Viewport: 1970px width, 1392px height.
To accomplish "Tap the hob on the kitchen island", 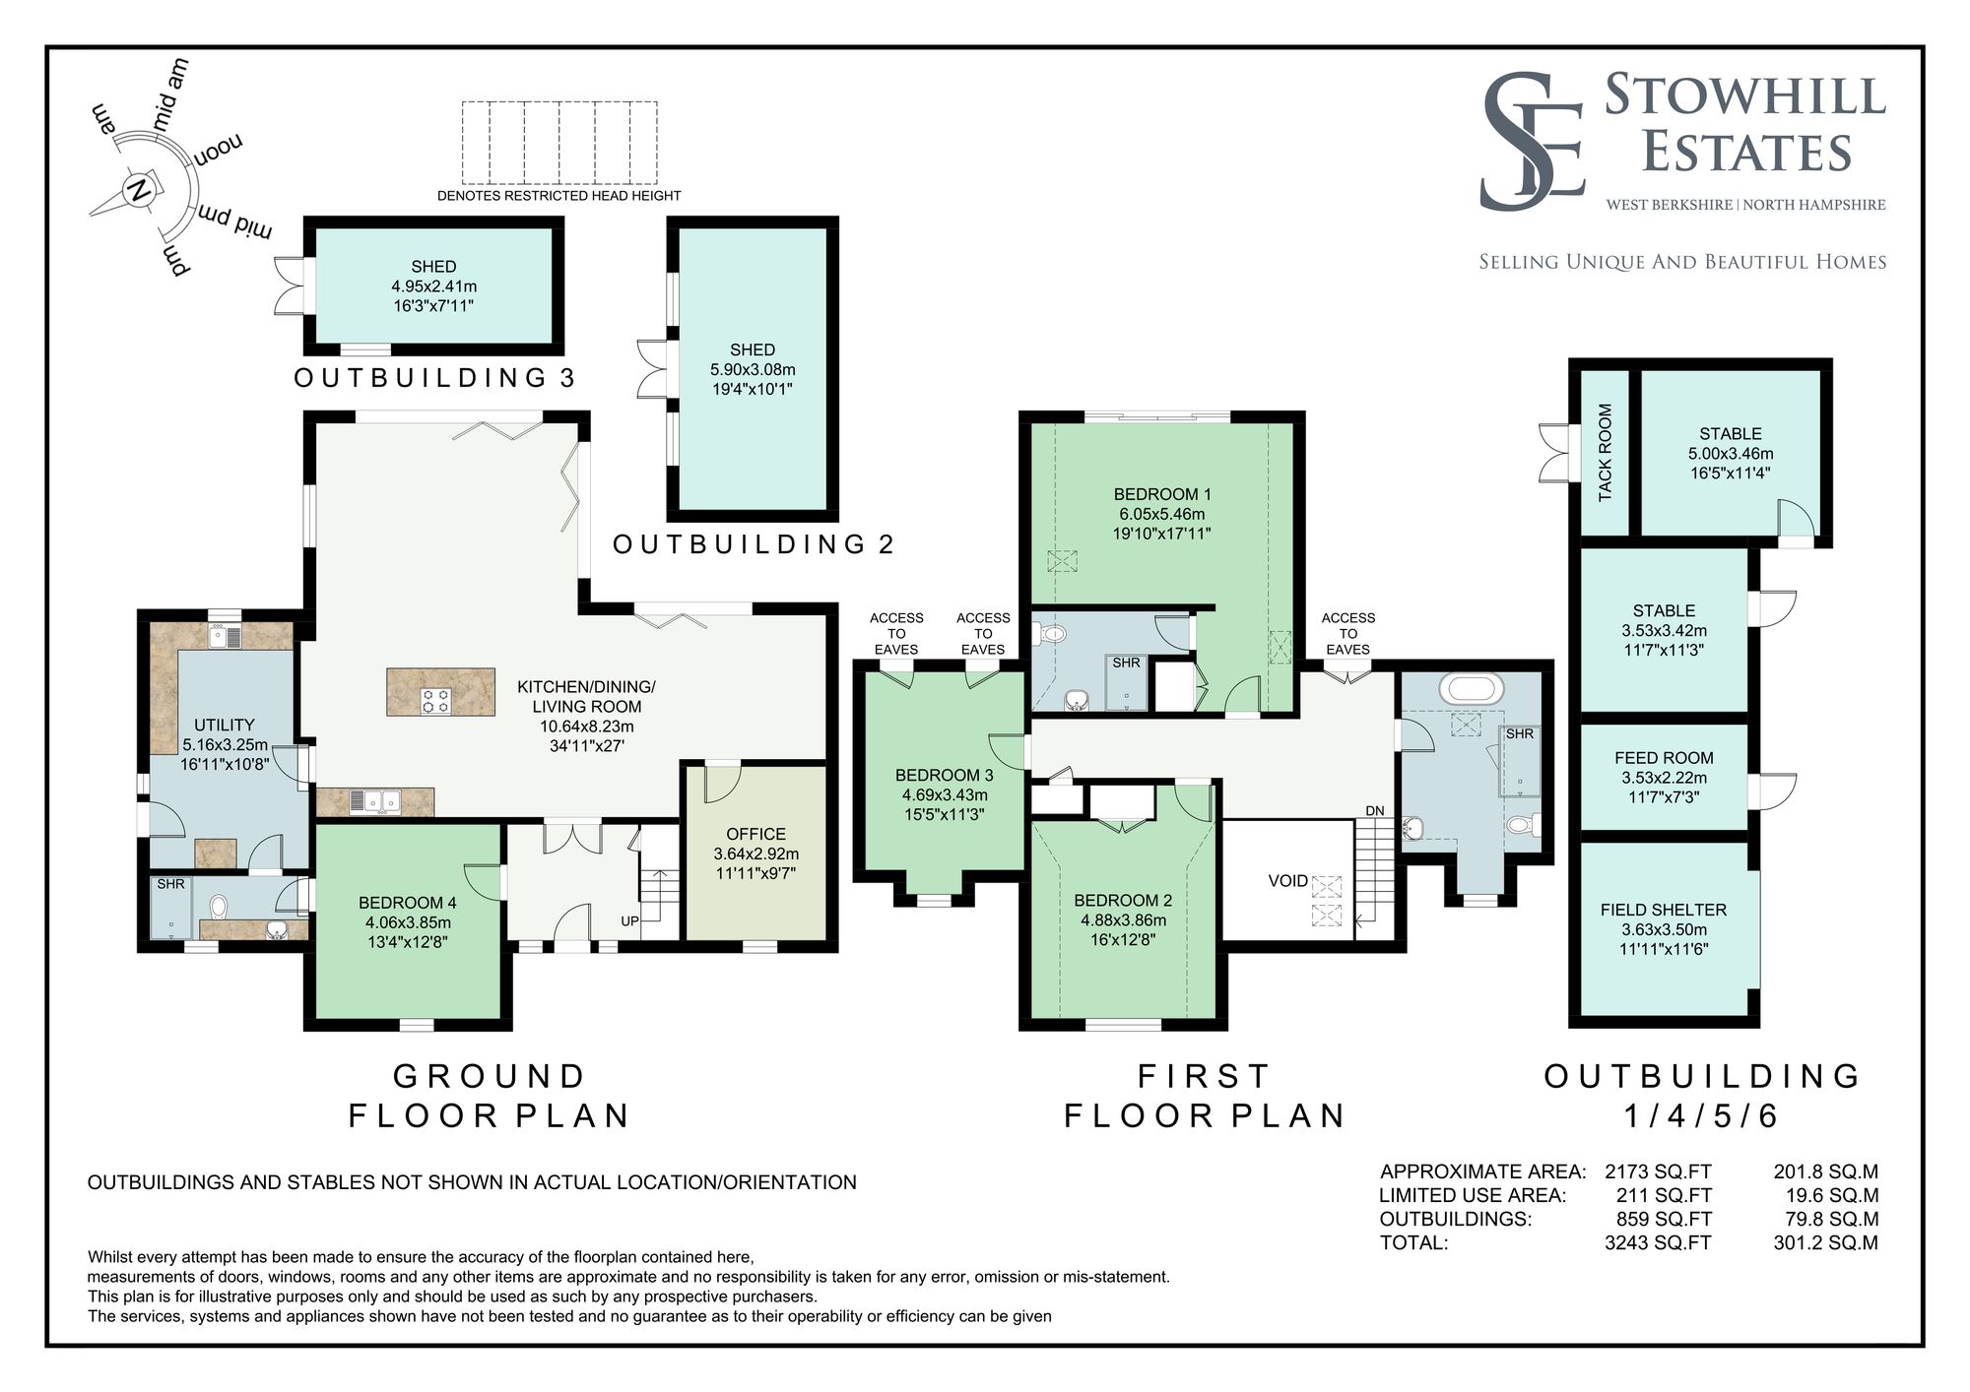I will pyautogui.click(x=435, y=700).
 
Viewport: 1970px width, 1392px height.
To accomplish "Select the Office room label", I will pyautogui.click(x=755, y=834).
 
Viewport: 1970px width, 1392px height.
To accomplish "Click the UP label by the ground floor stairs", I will pyautogui.click(x=629, y=921).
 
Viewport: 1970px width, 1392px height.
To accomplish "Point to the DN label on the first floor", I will pyautogui.click(x=1374, y=810).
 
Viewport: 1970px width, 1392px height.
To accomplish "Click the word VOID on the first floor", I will pyautogui.click(x=1287, y=881).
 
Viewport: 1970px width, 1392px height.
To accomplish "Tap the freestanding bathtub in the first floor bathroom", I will pyautogui.click(x=1472, y=687).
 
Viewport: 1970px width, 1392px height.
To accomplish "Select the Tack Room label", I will pyautogui.click(x=1606, y=452).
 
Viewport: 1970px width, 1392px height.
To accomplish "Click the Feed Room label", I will pyautogui.click(x=1664, y=758).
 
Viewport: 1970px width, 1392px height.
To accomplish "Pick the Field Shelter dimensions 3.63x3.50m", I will pyautogui.click(x=1664, y=929).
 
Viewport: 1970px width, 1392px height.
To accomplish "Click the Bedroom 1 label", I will pyautogui.click(x=1162, y=494).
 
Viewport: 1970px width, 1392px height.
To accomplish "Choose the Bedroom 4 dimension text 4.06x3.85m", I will pyautogui.click(x=408, y=922).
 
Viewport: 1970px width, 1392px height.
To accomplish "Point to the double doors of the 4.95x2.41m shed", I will pyautogui.click(x=289, y=285).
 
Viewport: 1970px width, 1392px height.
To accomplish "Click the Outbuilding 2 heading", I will pyautogui.click(x=753, y=544).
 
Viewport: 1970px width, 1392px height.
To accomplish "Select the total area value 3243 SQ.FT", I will pyautogui.click(x=1658, y=1242).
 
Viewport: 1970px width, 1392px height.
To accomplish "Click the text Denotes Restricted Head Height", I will pyautogui.click(x=558, y=196).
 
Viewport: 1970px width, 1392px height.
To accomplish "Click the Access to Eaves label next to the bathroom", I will pyautogui.click(x=1347, y=633).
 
